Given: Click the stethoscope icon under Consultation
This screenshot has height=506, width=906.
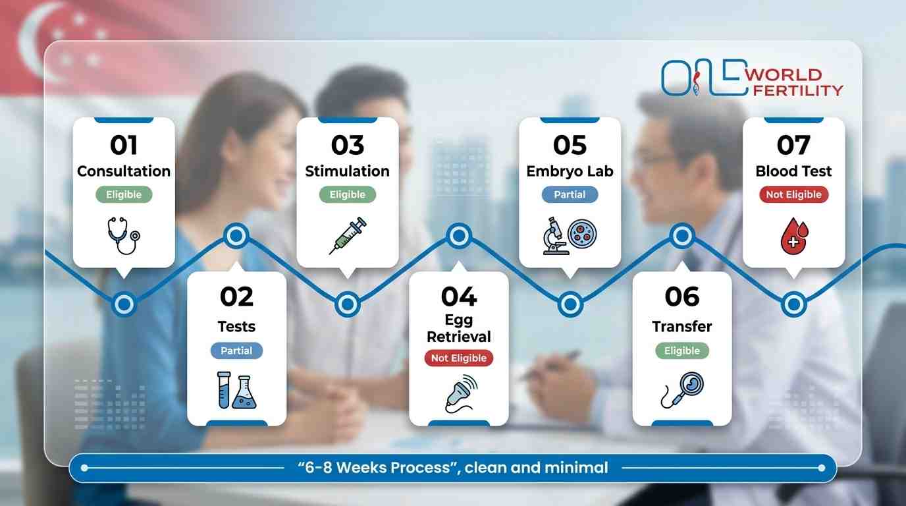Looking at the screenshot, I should point(123,235).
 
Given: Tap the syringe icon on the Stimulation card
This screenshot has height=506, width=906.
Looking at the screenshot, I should point(347,236).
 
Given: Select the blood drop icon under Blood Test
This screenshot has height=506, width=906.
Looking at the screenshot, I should point(793,237).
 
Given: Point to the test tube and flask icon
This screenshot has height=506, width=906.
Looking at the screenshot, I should point(236,391).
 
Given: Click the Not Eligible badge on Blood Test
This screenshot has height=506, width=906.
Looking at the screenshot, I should point(793,194).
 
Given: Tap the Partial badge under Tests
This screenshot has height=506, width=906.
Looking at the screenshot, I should point(236,351).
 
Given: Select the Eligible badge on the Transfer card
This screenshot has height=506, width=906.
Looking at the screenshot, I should point(681,351).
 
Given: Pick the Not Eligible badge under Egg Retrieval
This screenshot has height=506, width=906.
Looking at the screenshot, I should point(458,358).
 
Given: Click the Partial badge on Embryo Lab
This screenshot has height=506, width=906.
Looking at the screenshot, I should point(570,194).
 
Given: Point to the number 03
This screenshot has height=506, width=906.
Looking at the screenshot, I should point(347,145).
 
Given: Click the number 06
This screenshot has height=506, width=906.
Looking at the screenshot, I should point(681,297).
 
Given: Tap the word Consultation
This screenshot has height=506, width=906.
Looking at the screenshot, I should point(123,171).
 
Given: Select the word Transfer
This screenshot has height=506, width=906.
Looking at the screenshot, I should point(681,326).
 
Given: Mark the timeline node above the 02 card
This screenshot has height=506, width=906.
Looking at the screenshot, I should point(236,235).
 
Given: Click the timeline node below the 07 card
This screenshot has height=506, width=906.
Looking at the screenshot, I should point(793,304).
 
